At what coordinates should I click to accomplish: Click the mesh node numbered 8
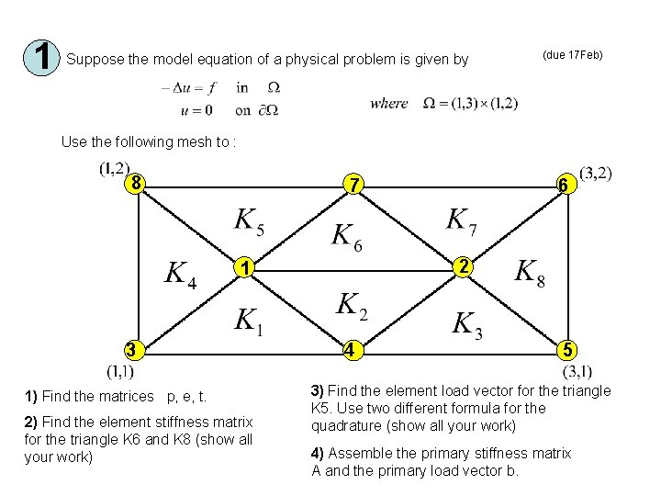[x=136, y=182]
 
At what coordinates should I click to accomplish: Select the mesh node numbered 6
[x=566, y=186]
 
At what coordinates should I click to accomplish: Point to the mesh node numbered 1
[x=243, y=268]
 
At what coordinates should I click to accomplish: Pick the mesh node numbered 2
[x=465, y=267]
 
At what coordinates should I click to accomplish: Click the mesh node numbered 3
[x=133, y=349]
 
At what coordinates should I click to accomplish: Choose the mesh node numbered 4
[x=351, y=351]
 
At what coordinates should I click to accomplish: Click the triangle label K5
[x=250, y=221]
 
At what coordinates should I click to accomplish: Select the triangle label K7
[x=462, y=221]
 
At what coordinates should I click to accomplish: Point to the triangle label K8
[x=530, y=272]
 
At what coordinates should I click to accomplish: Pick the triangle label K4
[x=181, y=274]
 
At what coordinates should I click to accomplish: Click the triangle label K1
[x=248, y=321]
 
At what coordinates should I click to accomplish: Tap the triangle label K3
[x=467, y=324]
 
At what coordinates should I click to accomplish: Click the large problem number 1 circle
[x=41, y=58]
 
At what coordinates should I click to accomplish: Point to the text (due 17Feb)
[x=573, y=55]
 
